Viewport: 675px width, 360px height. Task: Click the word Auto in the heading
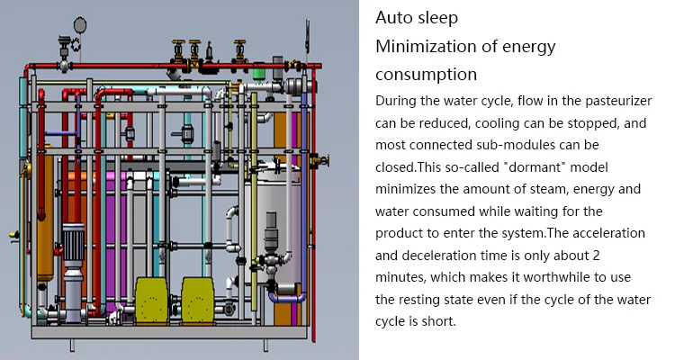(392, 18)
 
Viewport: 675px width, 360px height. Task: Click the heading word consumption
(426, 74)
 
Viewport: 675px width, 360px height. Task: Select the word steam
(563, 188)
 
